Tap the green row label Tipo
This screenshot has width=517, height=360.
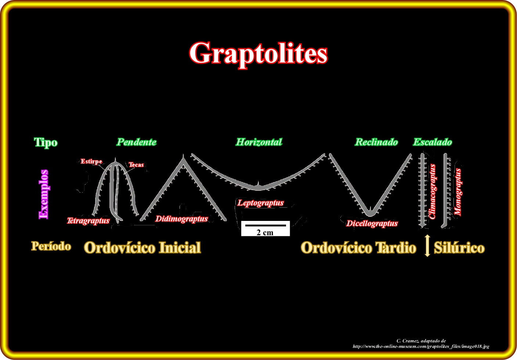[x=46, y=142]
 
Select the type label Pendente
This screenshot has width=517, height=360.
[x=137, y=142]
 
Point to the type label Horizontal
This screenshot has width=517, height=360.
[x=259, y=142]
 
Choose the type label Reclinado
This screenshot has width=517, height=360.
[x=376, y=142]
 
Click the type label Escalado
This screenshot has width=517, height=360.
[x=433, y=142]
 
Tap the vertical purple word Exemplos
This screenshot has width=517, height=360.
[x=44, y=194]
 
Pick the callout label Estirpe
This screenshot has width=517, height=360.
[x=91, y=161]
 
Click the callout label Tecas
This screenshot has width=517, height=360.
[x=136, y=165]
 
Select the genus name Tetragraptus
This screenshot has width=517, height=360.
[x=88, y=221]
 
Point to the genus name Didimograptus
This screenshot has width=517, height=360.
[x=182, y=219]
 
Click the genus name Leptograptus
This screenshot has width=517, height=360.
[x=261, y=203]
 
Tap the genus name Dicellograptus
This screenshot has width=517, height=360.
[x=372, y=223]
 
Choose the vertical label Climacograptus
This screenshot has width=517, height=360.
[x=432, y=192]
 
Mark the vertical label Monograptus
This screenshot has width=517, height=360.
[x=458, y=192]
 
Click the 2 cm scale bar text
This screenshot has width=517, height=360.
[x=265, y=232]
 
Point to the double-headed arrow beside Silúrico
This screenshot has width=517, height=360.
[x=427, y=246]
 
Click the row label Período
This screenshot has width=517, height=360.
[x=51, y=246]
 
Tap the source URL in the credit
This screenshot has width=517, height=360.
[x=421, y=346]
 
